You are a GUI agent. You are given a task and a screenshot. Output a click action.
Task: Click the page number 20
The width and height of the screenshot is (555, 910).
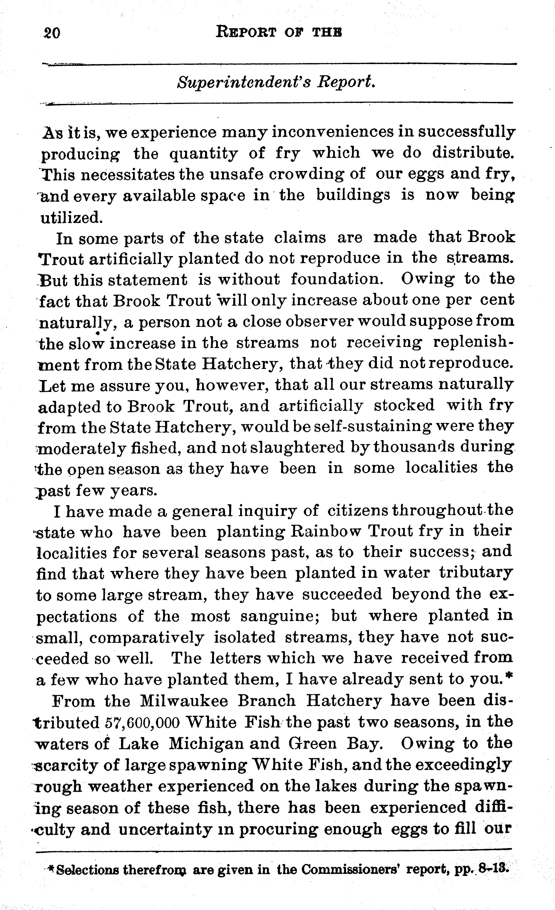click(x=51, y=33)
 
